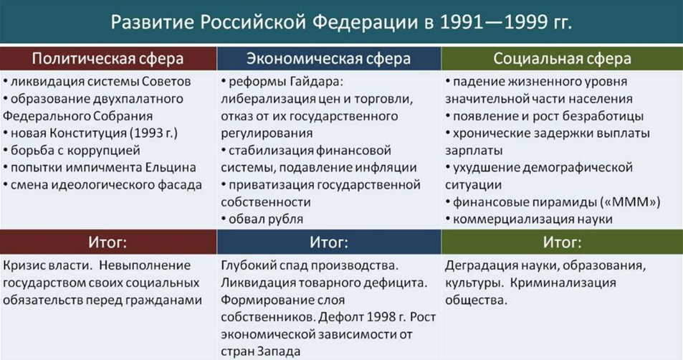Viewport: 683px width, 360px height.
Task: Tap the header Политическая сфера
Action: [108, 58]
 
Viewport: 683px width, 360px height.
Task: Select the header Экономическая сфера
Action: [328, 58]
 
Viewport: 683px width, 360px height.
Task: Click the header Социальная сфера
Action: [562, 58]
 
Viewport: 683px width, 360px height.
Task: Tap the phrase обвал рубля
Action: [266, 219]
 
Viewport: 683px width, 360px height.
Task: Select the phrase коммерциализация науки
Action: [532, 219]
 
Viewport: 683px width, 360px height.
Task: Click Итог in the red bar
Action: [108, 242]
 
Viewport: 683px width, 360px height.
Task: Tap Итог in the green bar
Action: [562, 242]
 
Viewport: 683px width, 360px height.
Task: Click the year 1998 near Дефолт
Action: [381, 317]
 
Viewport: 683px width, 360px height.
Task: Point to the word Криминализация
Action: [563, 283]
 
